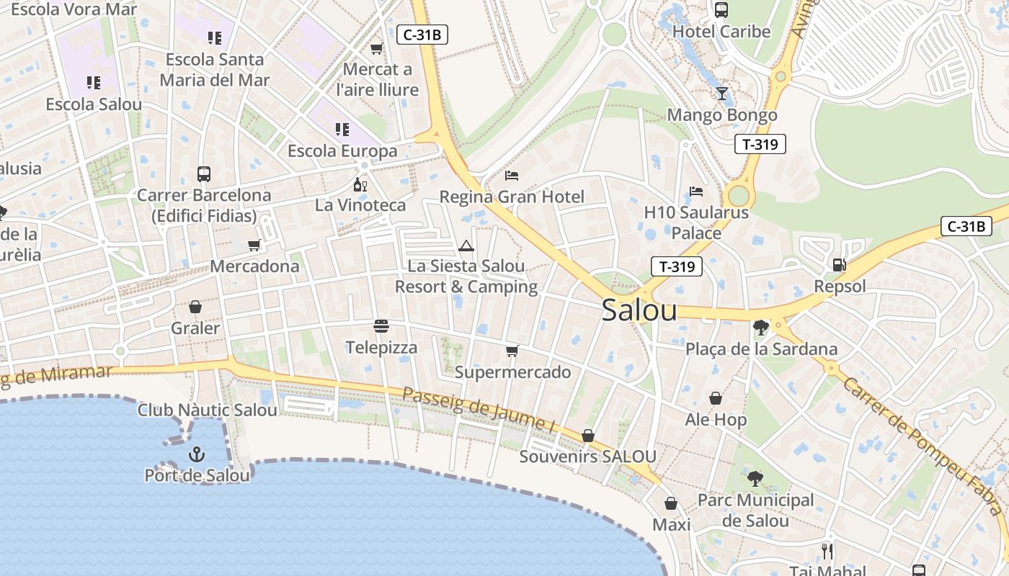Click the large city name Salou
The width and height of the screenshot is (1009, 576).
coord(639,310)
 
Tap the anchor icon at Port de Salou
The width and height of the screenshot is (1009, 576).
coord(196,454)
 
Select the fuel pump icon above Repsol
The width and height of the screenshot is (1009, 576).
coord(839,265)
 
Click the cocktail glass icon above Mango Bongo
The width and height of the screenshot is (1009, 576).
coord(722,94)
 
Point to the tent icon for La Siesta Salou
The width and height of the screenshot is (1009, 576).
coord(466,246)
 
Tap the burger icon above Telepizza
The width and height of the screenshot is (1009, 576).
coord(381,326)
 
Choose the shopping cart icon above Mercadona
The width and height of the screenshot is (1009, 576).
coord(254,246)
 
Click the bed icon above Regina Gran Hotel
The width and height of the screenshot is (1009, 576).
coord(512,175)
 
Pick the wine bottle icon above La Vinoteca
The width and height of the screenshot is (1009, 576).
coord(360,184)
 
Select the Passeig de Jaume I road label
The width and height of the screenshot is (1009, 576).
coord(479,410)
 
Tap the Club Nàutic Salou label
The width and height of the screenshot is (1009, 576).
coord(208,410)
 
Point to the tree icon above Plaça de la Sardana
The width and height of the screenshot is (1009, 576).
coord(760,328)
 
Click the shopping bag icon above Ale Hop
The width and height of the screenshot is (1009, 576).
coord(716,398)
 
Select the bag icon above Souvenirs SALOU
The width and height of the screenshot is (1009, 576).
coord(588,436)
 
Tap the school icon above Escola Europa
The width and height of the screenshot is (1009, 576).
coord(342,130)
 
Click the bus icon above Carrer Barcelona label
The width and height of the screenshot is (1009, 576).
coord(204,174)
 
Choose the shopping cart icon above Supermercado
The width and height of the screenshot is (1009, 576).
coord(512,351)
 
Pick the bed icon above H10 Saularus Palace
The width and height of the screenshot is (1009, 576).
coord(696,191)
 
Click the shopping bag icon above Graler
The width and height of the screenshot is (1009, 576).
coord(195,307)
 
